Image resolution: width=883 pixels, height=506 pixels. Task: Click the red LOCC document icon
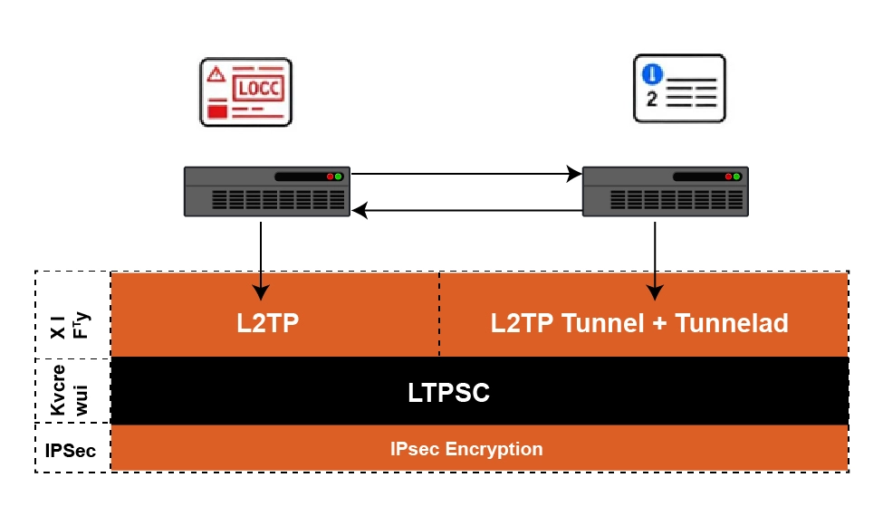tap(246, 91)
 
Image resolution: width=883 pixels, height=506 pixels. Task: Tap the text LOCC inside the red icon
tap(258, 89)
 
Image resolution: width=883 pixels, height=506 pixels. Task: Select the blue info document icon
tap(679, 88)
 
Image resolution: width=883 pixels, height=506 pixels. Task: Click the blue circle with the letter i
tap(651, 75)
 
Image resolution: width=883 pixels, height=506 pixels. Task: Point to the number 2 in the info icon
tap(652, 99)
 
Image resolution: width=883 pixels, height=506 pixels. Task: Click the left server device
tap(266, 191)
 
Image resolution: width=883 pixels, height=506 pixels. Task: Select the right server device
tap(666, 191)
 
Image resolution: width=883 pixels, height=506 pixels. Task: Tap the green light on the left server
tap(338, 177)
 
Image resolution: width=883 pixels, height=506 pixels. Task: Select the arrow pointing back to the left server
tap(466, 211)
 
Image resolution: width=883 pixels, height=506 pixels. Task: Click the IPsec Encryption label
tap(466, 449)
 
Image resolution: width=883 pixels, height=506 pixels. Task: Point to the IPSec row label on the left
tap(71, 449)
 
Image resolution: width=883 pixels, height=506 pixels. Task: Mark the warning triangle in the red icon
tap(216, 74)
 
